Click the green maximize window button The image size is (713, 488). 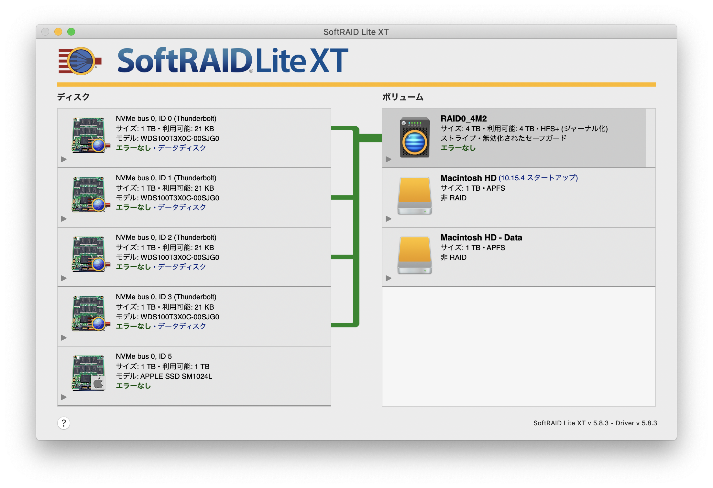point(71,32)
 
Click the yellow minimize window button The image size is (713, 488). point(58,32)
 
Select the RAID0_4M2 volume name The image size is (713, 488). point(464,119)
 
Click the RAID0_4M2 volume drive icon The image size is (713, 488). point(415,137)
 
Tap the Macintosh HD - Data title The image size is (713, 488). point(481,238)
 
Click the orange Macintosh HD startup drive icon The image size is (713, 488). point(415,196)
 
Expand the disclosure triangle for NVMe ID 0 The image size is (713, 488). point(64,159)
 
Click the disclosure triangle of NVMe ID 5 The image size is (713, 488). point(64,397)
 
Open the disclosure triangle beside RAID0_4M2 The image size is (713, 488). point(389,159)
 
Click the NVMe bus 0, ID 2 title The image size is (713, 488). point(166,238)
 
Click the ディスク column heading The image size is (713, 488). point(73,97)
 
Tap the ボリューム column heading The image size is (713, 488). point(403,97)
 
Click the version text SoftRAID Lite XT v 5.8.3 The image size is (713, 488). point(571,423)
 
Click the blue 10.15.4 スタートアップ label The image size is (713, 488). point(538,178)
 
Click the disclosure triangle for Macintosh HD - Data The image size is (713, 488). point(389,278)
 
